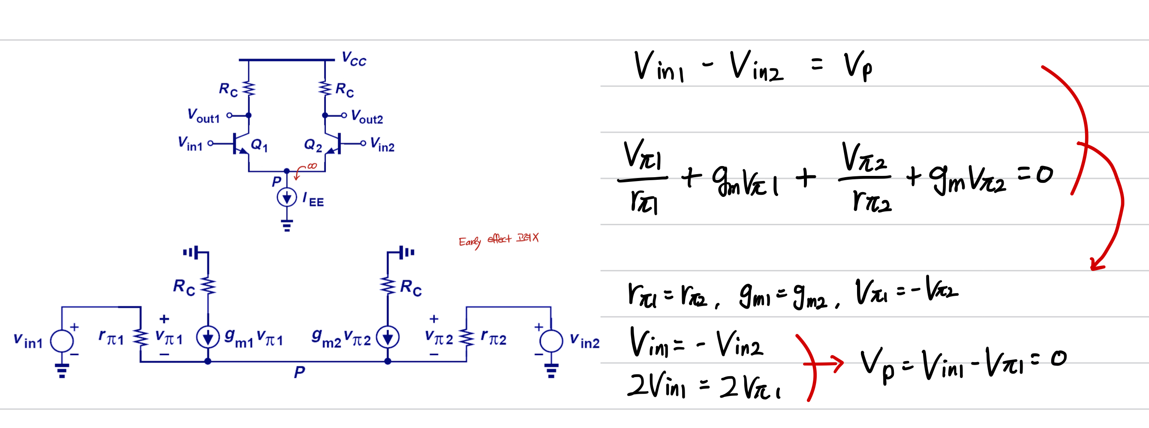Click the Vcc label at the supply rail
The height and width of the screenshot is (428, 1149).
click(354, 59)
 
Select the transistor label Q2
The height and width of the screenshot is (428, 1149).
click(313, 145)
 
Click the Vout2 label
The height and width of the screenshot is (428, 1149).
click(367, 117)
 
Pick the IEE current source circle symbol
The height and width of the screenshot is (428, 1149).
click(287, 197)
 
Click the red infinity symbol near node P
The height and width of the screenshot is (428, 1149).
click(312, 166)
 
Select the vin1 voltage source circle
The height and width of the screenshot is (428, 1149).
click(62, 341)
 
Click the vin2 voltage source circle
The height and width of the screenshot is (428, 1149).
click(551, 341)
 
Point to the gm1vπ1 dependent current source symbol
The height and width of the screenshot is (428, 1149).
click(208, 337)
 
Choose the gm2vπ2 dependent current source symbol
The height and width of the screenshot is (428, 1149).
click(388, 337)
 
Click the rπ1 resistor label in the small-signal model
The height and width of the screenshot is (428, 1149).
click(111, 337)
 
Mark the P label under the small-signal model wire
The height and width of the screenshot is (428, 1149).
click(299, 372)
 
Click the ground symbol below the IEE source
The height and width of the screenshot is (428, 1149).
click(287, 226)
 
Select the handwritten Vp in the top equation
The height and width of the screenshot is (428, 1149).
click(858, 67)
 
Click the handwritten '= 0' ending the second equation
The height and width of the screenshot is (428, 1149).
click(1036, 175)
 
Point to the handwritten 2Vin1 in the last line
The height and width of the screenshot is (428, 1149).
click(656, 385)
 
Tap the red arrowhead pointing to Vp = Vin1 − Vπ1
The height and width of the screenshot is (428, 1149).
click(837, 364)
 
